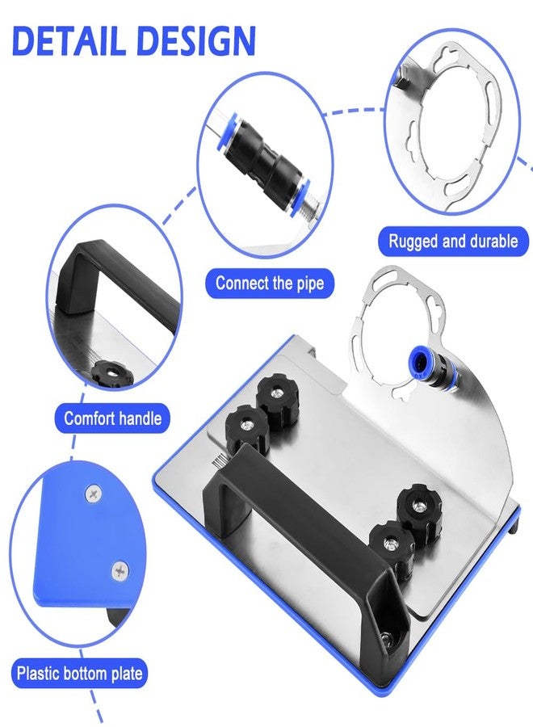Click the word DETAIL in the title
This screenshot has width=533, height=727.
pos(69,40)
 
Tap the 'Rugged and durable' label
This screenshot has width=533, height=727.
pos(453,241)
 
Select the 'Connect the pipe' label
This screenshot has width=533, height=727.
pos(270,283)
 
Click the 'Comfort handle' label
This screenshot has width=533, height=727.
pos(112,418)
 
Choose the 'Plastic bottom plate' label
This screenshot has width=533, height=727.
pos(79,673)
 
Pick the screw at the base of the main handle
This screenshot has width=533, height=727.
pos(388,639)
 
